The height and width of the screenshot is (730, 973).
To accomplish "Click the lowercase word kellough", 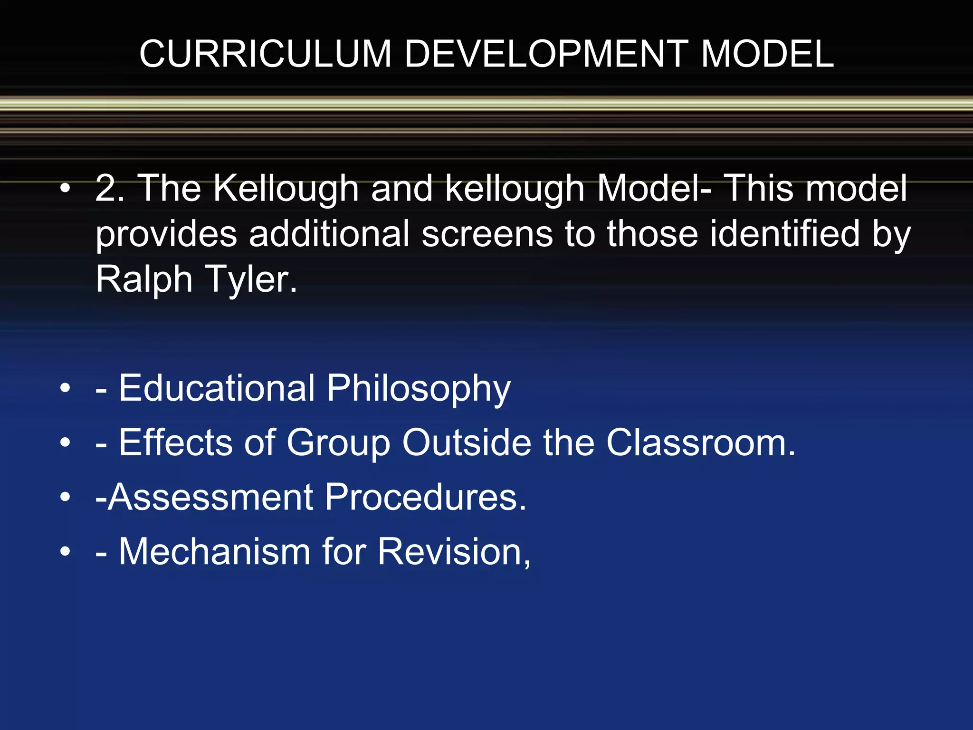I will pos(515,189).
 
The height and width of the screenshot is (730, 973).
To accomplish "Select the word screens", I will pos(487,234).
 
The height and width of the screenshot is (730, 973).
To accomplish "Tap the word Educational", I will pos(217,388).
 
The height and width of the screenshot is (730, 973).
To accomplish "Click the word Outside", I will pos(467,442).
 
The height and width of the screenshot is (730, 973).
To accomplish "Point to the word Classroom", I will pos(700,442).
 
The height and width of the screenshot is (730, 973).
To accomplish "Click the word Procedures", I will pos(426,497).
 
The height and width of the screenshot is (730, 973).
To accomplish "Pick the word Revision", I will pos(454,552).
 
